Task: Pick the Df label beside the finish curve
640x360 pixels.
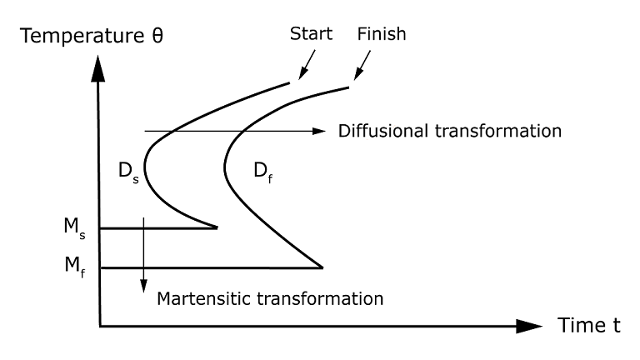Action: (261, 172)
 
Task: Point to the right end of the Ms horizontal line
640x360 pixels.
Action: (217, 227)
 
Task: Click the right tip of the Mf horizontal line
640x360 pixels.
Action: (322, 267)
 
